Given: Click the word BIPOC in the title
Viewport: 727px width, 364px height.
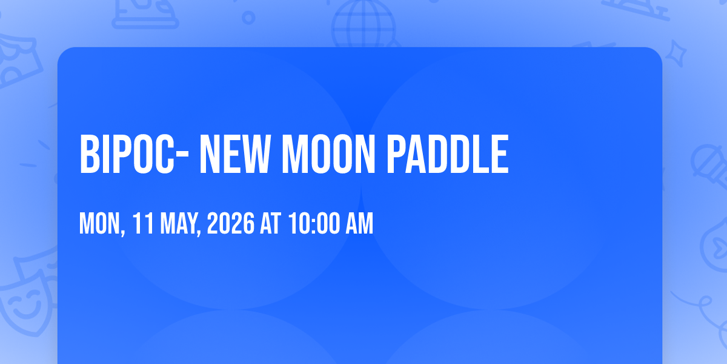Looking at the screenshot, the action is (127, 154).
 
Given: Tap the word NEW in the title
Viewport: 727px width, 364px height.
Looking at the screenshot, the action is (235, 154).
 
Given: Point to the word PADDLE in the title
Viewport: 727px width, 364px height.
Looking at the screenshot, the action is (448, 154).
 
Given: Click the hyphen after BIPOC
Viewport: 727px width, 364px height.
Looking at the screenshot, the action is (182, 156).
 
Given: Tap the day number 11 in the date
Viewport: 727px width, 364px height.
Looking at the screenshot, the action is (143, 223).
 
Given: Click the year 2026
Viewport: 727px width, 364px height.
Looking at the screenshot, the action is (231, 223).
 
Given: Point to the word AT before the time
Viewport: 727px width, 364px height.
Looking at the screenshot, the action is (271, 223).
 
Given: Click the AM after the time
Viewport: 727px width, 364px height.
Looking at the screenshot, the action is (359, 223).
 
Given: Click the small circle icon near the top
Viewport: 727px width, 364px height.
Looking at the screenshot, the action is (248, 18).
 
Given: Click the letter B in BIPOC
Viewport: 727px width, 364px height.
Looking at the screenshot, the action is (89, 154).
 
